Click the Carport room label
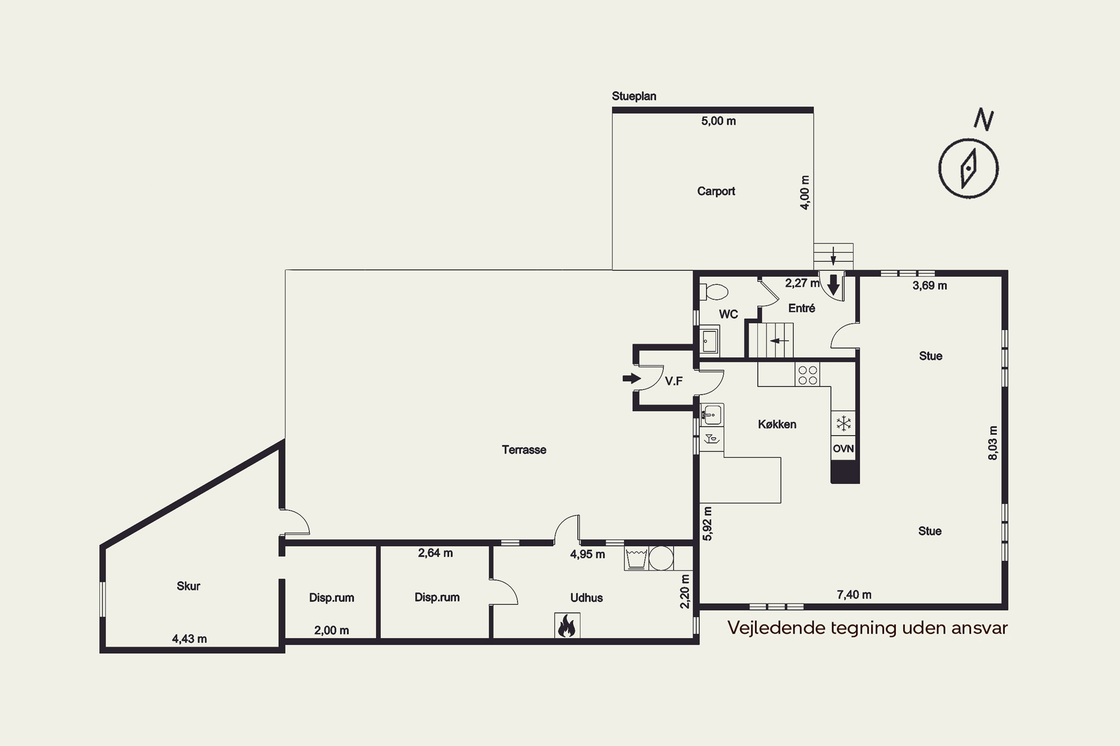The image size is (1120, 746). pos(716,191)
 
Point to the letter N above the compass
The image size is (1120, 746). pos(983,119)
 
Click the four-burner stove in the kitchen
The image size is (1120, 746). pos(808,375)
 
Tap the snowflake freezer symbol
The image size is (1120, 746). pos(843,423)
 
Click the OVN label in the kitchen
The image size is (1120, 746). pos(843,449)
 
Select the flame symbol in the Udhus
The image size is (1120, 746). pos(567,626)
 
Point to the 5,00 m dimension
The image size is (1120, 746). pos(718,121)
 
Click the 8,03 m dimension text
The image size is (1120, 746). pos(992,443)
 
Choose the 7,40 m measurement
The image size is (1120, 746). pos(854,595)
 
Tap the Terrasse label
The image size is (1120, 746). pos(524,449)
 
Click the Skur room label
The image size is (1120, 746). pos(188,586)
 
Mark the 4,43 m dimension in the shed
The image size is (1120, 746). pos(189,639)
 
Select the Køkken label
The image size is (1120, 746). pos(777,424)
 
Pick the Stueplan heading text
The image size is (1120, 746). pos(634,97)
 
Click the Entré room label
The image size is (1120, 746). pos(802,308)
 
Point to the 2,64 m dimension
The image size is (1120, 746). pos(435,553)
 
